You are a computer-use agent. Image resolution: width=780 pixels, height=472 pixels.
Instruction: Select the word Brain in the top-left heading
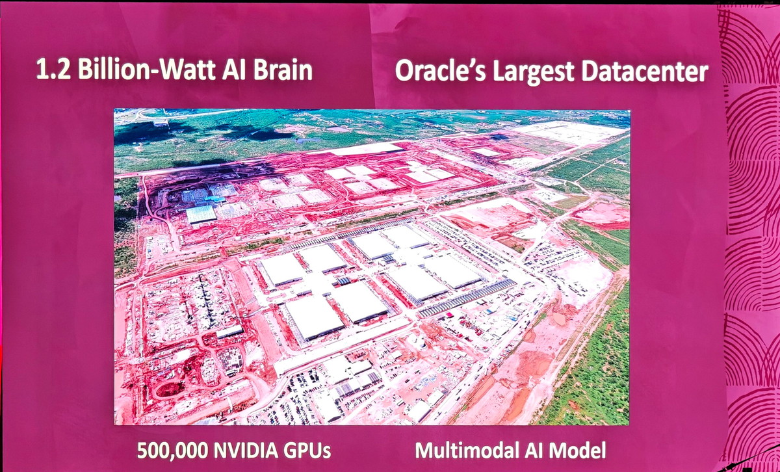[x=282, y=70]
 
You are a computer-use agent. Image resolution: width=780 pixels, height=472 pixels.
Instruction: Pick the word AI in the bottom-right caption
[x=530, y=450]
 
